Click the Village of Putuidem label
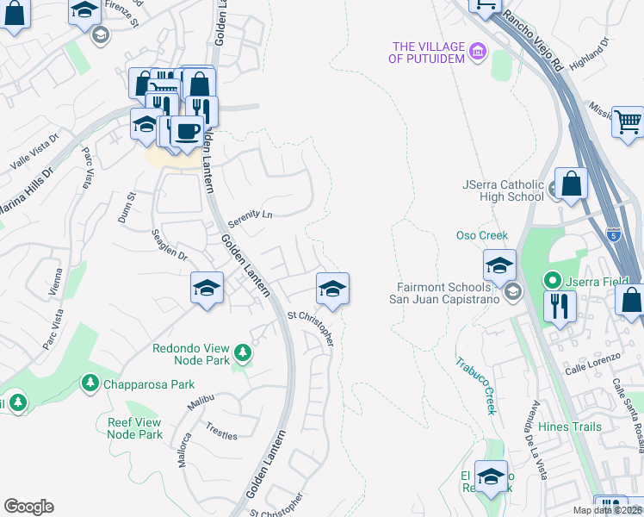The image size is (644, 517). click(426, 53)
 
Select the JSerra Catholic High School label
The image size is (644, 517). click(503, 190)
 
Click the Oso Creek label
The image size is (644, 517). click(482, 235)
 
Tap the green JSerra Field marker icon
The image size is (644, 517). click(552, 280)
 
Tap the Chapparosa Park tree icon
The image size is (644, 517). click(89, 382)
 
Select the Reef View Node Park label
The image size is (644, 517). click(134, 428)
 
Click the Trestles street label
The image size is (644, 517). click(221, 431)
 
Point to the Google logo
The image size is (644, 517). click(28, 507)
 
